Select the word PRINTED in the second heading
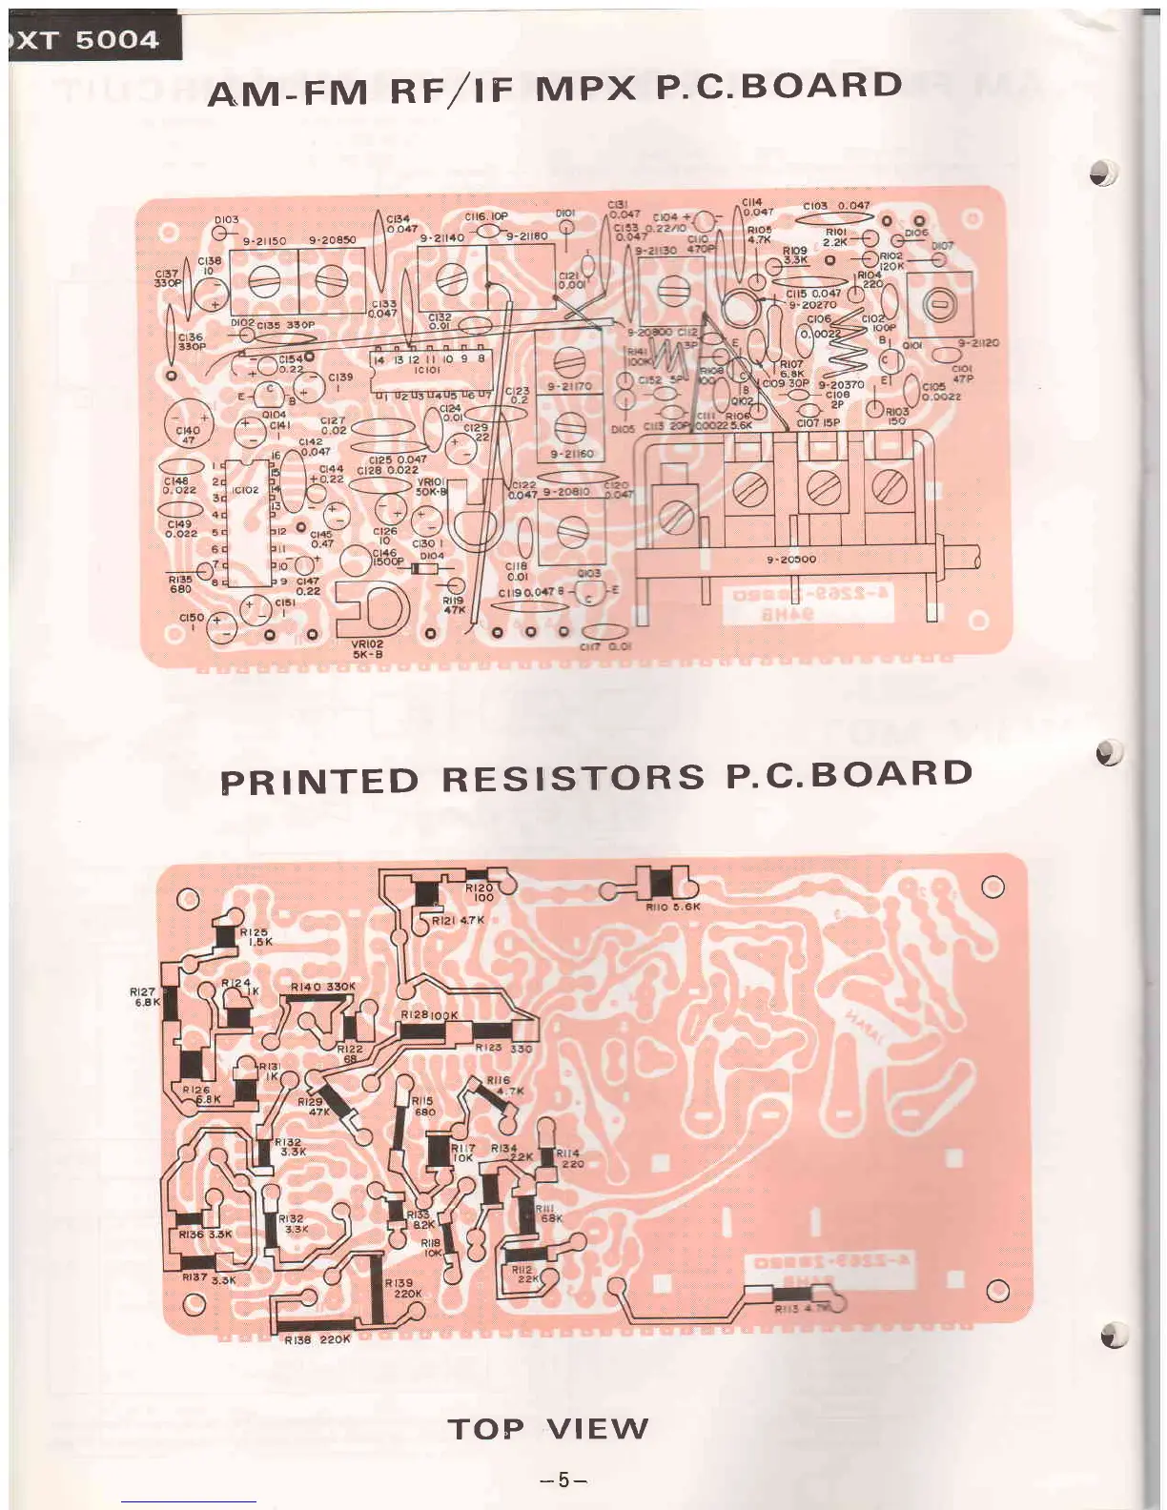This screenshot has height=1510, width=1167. click(x=319, y=781)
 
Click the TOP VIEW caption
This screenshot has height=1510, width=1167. click(x=548, y=1428)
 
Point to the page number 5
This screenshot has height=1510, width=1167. click(x=563, y=1479)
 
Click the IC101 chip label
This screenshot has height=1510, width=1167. click(x=427, y=371)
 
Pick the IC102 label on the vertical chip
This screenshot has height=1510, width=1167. click(x=245, y=490)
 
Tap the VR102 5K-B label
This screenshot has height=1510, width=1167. click(x=367, y=649)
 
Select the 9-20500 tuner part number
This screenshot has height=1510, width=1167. click(x=790, y=560)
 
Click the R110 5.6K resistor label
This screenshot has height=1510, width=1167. click(x=672, y=907)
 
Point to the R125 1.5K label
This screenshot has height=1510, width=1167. click(x=255, y=936)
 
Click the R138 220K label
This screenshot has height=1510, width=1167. click(x=317, y=1339)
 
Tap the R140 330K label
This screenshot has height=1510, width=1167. click(x=322, y=987)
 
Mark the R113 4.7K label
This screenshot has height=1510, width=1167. click(x=801, y=1309)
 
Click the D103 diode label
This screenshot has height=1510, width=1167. click(x=227, y=220)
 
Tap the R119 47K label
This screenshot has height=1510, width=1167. click(x=454, y=605)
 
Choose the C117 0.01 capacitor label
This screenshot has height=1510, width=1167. click(x=605, y=646)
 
